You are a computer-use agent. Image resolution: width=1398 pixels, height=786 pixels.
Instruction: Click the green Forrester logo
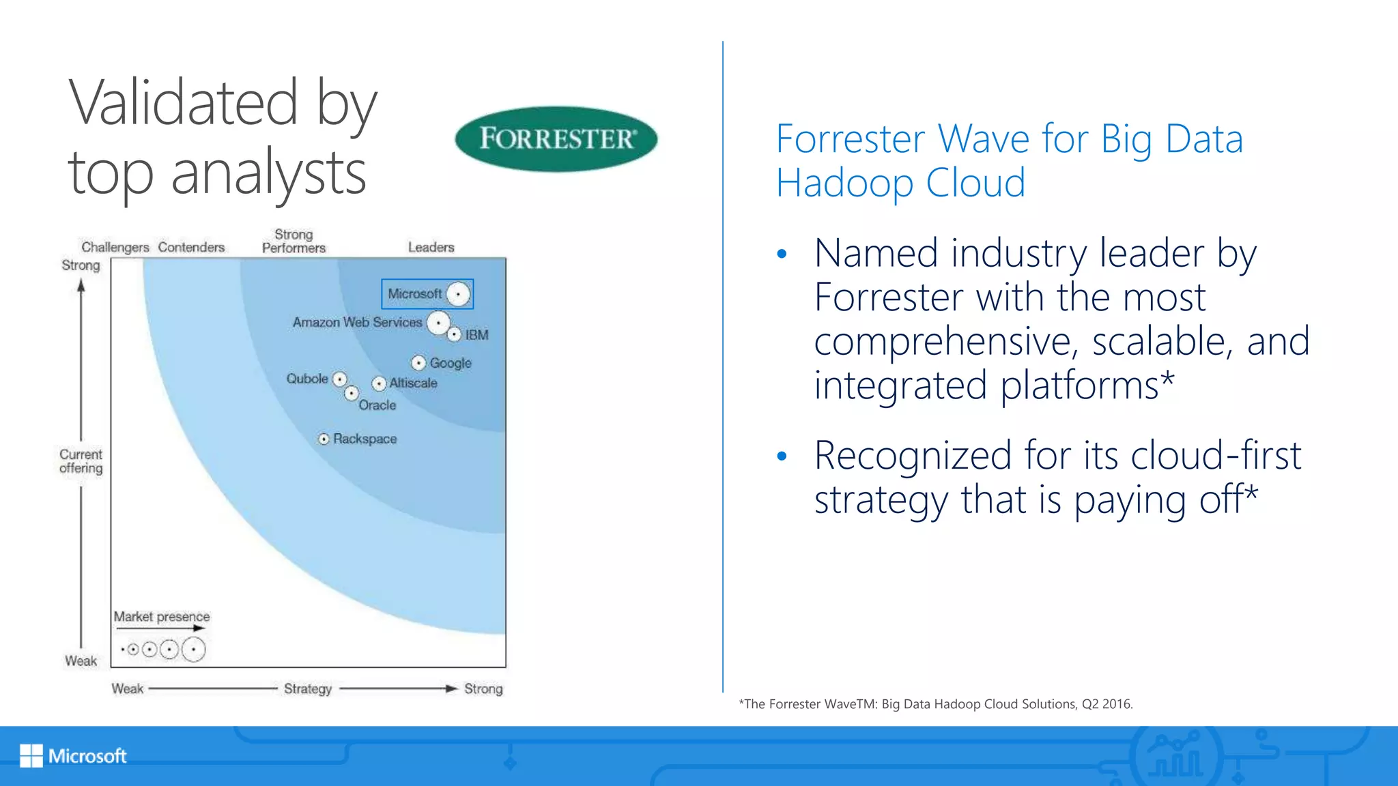click(x=556, y=139)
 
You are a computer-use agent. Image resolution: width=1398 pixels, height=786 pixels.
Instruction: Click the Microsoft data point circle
click(x=458, y=294)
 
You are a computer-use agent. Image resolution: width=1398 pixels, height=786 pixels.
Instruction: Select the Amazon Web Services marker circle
click(x=438, y=322)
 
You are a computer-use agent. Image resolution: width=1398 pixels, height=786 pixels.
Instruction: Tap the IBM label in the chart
click(x=476, y=335)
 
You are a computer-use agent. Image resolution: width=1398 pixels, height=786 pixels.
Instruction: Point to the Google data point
click(x=418, y=363)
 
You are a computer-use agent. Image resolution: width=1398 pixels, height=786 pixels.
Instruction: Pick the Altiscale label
click(x=413, y=383)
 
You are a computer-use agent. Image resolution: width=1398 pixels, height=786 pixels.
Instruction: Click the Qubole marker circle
click(x=340, y=379)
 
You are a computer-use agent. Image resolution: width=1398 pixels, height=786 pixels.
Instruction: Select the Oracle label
click(x=377, y=405)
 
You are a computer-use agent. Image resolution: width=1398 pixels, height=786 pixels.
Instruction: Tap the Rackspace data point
click(x=324, y=439)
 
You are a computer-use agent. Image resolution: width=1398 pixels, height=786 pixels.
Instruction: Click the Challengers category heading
click(x=115, y=247)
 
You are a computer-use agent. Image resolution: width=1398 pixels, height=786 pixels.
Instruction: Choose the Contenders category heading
click(x=191, y=247)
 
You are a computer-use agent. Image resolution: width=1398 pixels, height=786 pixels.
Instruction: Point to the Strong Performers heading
click(x=294, y=242)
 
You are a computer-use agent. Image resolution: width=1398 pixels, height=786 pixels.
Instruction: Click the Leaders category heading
click(x=431, y=247)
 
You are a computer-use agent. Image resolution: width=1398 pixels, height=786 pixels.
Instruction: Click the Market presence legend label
click(x=162, y=617)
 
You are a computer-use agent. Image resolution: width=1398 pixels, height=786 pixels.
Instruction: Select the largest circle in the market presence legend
click(x=194, y=650)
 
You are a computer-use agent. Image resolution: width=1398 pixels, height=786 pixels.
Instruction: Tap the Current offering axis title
click(x=81, y=461)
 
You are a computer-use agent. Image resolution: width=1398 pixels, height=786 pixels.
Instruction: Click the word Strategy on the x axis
click(x=308, y=688)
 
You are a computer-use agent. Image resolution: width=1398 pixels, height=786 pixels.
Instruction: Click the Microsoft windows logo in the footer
click(x=31, y=755)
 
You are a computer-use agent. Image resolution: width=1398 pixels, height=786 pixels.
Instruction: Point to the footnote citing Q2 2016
click(x=935, y=704)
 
